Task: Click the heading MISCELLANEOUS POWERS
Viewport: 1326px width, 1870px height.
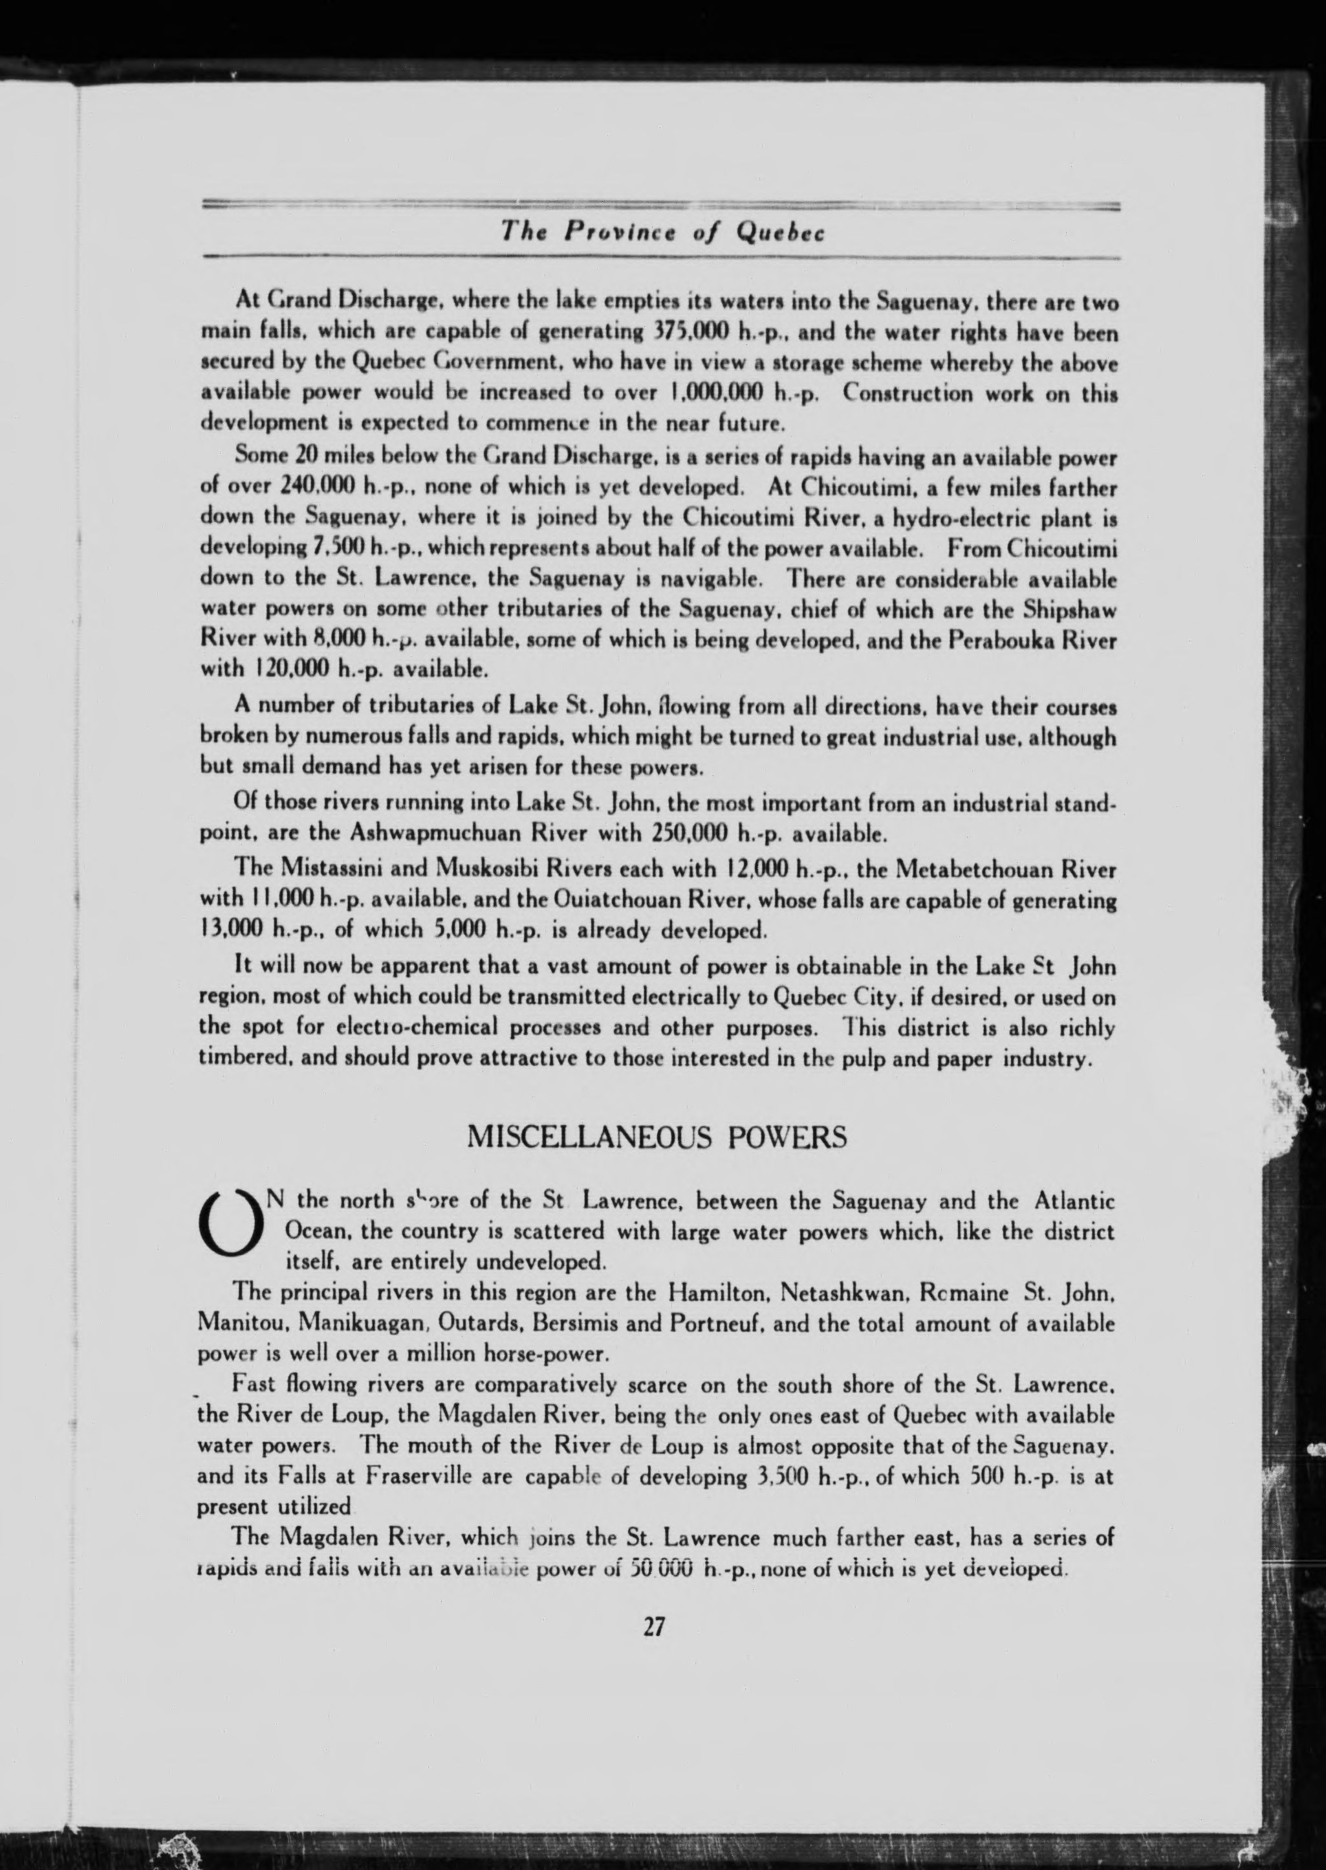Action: click(x=657, y=1137)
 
